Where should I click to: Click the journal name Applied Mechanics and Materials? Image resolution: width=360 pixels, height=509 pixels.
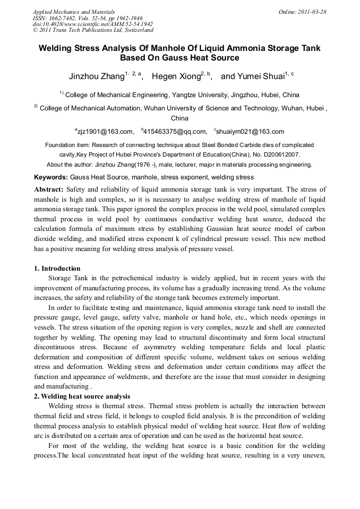(73, 12)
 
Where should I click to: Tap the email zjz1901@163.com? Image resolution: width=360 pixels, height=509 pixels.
(106, 132)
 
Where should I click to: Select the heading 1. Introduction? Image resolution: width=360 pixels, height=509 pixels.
(57, 269)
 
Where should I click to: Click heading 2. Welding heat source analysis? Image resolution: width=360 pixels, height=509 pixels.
(82, 396)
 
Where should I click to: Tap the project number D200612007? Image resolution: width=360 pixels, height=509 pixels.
(281, 154)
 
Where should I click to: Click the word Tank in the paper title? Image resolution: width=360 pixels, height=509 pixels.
(310, 48)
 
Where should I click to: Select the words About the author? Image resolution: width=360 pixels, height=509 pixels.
(71, 165)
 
